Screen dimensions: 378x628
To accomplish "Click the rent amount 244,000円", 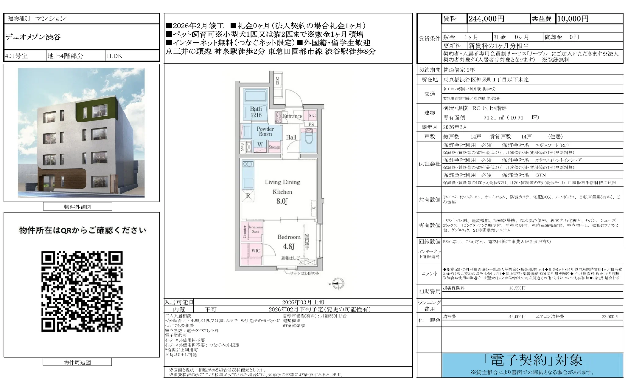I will point(486,19).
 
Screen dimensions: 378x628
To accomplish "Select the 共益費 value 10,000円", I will point(573,19).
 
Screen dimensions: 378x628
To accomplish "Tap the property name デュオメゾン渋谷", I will point(33,37).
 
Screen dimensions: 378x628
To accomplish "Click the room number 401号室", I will point(16,56).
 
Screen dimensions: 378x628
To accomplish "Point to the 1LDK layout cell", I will point(114,56).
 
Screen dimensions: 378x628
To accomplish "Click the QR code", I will point(82,291).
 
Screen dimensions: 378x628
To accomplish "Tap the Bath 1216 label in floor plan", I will point(256,112).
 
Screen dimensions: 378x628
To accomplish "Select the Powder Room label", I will point(265,131).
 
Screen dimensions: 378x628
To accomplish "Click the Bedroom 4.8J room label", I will point(289,242).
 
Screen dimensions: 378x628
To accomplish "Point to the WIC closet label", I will point(256,251).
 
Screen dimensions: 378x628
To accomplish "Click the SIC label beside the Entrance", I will point(312,115).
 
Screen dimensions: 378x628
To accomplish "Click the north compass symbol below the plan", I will point(338,284).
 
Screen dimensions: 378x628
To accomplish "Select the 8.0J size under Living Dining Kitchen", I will point(282,201).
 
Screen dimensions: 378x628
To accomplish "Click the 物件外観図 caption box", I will point(78,207).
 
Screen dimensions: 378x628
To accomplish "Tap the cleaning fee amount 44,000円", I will point(517,317).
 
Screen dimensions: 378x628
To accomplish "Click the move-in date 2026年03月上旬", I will point(303,302).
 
